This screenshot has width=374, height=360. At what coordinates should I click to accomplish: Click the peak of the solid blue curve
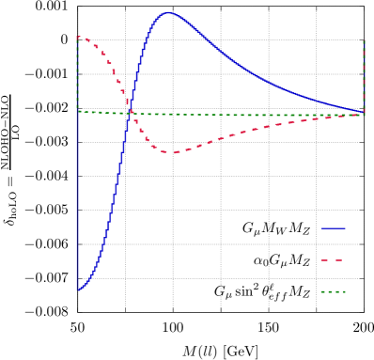point(168,13)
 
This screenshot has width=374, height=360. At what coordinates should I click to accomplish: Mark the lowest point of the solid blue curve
point(78,290)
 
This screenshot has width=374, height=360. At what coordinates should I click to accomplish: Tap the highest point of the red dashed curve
point(79,37)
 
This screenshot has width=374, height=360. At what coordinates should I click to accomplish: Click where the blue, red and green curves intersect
point(130,113)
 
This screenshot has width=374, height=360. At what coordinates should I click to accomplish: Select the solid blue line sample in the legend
point(333,228)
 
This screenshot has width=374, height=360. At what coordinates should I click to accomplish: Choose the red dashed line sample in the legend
point(331,260)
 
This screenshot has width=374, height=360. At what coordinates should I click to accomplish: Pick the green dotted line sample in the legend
point(333,292)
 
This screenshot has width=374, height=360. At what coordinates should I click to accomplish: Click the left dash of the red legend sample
point(324,260)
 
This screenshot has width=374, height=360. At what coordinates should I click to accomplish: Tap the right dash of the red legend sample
point(337,260)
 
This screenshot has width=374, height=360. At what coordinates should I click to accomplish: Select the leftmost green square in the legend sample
point(322,292)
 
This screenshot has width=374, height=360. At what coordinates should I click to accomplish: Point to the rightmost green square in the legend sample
point(344,292)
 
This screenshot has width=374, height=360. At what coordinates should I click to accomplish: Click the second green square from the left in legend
point(328,292)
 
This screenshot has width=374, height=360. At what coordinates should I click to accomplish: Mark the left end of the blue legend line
point(321,228)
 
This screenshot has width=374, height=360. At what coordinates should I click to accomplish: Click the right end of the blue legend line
point(345,228)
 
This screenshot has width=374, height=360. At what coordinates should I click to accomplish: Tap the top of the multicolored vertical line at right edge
point(364,40)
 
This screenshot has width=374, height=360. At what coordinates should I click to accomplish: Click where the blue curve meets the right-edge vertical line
point(364,112)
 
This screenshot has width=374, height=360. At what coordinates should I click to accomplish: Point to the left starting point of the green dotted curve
point(78,111)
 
